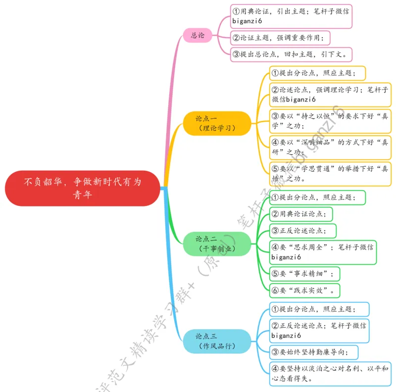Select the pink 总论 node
198,35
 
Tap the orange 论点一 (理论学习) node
217,123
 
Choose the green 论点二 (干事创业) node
217,244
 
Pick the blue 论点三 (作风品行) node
217,341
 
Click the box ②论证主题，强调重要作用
280,37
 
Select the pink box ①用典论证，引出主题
292,16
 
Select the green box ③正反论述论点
303,231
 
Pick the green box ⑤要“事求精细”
305,273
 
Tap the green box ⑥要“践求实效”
305,290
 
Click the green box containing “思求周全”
323,252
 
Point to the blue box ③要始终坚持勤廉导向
314,352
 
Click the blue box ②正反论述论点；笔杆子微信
320,331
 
